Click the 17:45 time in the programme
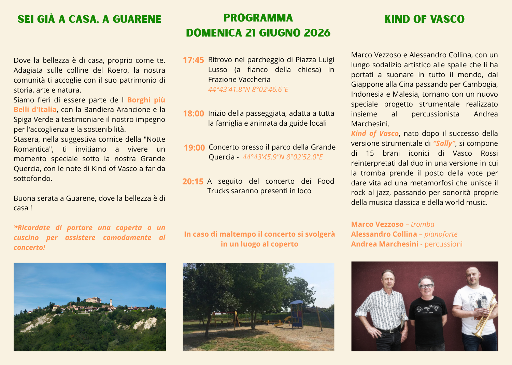(x=193, y=60)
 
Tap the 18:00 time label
(x=193, y=114)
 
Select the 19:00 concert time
(x=194, y=148)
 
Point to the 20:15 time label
(x=193, y=182)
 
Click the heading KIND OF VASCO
(x=424, y=19)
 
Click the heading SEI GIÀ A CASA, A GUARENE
(x=89, y=19)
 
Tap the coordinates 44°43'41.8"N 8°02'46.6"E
(x=248, y=89)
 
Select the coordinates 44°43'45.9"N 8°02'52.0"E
(x=283, y=157)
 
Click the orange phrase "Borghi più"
(x=146, y=100)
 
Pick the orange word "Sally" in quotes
(x=444, y=143)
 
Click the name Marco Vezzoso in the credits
(x=377, y=224)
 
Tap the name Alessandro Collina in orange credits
(x=384, y=234)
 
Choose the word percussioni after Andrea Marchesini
(x=443, y=244)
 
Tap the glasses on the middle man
(x=426, y=286)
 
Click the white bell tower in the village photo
(x=111, y=302)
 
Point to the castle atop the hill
(x=94, y=300)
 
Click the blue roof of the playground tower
(x=296, y=302)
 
